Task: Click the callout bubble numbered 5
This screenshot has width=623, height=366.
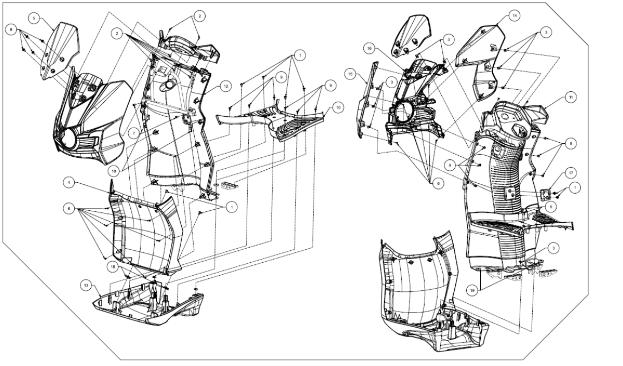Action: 35,18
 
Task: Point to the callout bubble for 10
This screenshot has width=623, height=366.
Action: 337,108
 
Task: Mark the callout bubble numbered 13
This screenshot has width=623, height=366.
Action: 85,284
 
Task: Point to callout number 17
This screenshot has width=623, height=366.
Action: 570,172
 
